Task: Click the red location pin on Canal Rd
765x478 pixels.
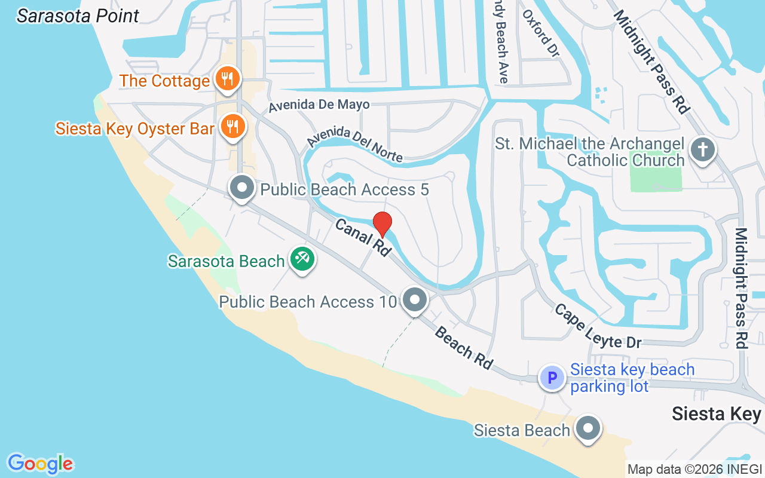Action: coord(382,224)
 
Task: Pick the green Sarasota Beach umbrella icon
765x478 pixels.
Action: coord(302,259)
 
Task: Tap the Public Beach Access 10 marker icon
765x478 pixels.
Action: coord(414,300)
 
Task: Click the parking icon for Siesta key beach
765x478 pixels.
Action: coord(552,378)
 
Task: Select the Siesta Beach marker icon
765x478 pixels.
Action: coord(588,428)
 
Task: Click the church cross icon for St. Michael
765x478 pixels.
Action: coord(703,149)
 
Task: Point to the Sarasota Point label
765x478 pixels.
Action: coord(78,16)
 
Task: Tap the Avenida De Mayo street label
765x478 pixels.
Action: coord(319,105)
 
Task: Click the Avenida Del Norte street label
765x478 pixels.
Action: coord(355,146)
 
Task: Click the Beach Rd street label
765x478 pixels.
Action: coord(464,348)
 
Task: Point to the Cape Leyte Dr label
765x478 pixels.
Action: coord(597,326)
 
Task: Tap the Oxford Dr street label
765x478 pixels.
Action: coord(541,33)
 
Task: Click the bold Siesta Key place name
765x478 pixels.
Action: coord(717,413)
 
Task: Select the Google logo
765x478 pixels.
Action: coord(40,464)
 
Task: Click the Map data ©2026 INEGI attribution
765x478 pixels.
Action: coord(694,469)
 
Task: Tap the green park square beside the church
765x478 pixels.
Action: coord(656,170)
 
